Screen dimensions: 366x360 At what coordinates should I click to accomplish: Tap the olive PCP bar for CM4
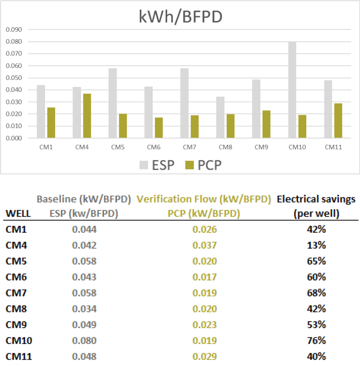[x=87, y=116]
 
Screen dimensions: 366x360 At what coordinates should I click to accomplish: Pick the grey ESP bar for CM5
[x=112, y=103]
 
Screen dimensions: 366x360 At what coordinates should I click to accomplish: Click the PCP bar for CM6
[x=159, y=128]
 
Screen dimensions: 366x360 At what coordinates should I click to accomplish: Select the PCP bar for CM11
[x=338, y=121]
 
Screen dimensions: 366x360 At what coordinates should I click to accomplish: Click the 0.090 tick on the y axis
[x=14, y=30]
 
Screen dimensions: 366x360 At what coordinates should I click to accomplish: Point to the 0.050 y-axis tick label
[x=14, y=78]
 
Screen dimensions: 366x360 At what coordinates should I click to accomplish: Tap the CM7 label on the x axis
[x=190, y=147]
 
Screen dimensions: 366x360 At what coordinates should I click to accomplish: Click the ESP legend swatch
[x=144, y=165]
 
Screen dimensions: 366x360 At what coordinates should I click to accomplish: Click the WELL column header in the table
[x=18, y=214]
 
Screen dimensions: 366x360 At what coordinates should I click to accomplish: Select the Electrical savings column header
[x=316, y=207]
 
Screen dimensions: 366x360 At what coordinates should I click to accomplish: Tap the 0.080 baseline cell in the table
[x=84, y=340]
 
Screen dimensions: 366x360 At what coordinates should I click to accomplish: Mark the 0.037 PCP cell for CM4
[x=204, y=245]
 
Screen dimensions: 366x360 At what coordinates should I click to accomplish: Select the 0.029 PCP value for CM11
[x=204, y=356]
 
